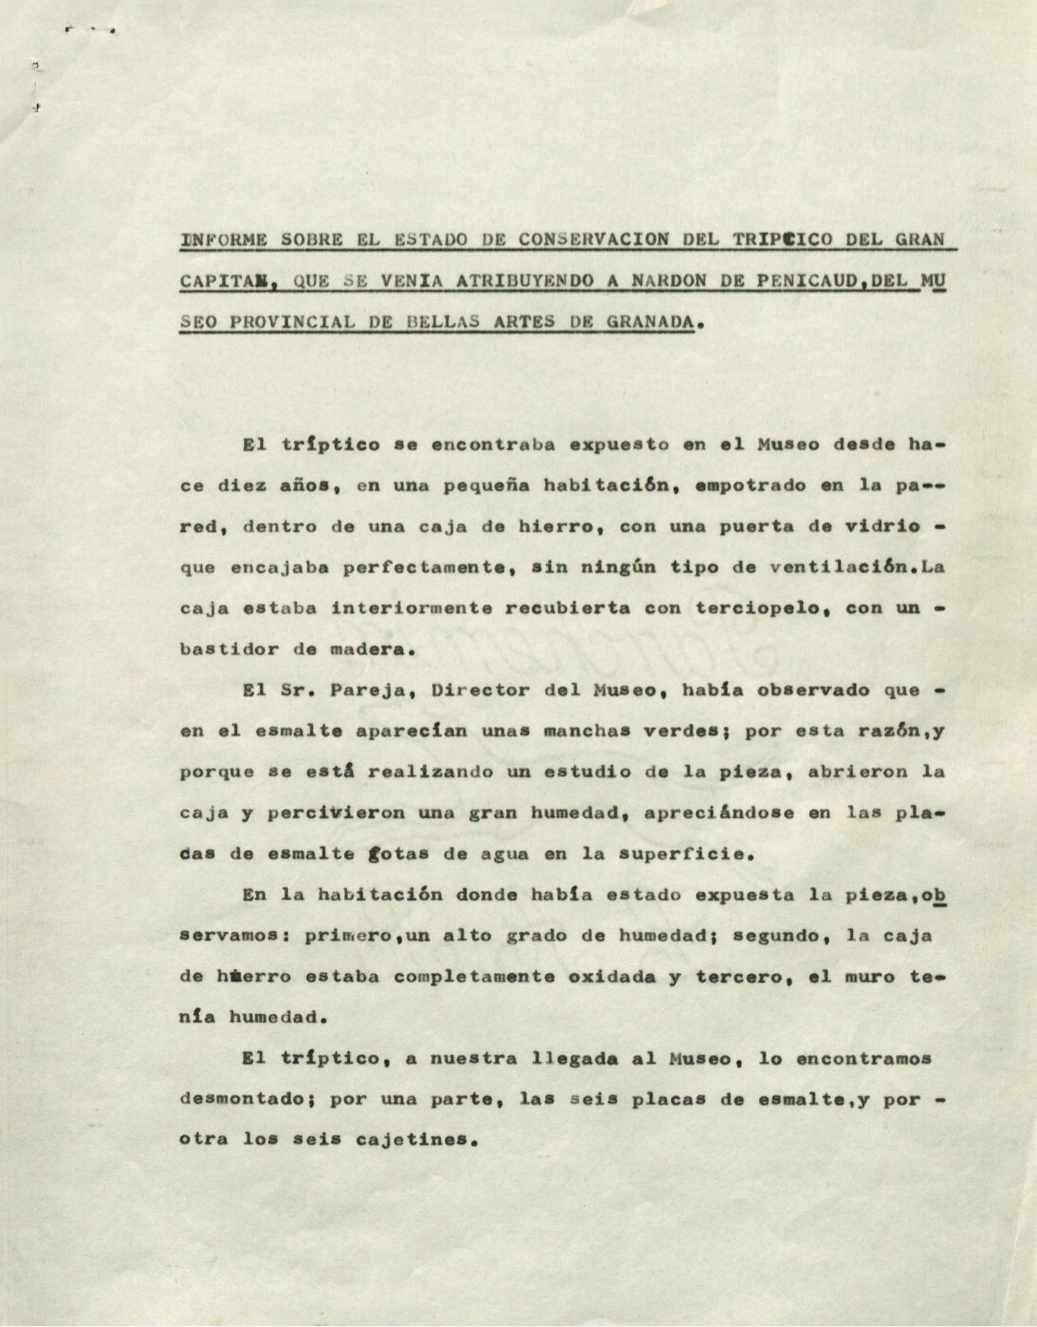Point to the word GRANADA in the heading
[x=650, y=322]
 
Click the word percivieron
[x=336, y=813]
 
